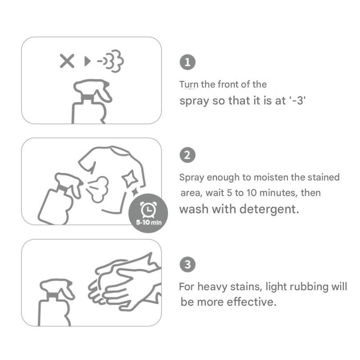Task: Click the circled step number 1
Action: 188,62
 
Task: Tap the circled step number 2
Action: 188,155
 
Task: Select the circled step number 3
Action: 188,264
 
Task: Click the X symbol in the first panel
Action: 67,61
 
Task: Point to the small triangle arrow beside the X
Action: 87,61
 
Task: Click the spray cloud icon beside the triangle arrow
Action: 111,61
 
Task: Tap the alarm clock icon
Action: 148,210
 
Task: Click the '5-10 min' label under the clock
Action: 149,222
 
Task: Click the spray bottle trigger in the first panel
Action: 104,94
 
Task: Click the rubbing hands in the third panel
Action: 125,282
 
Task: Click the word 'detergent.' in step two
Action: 269,209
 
